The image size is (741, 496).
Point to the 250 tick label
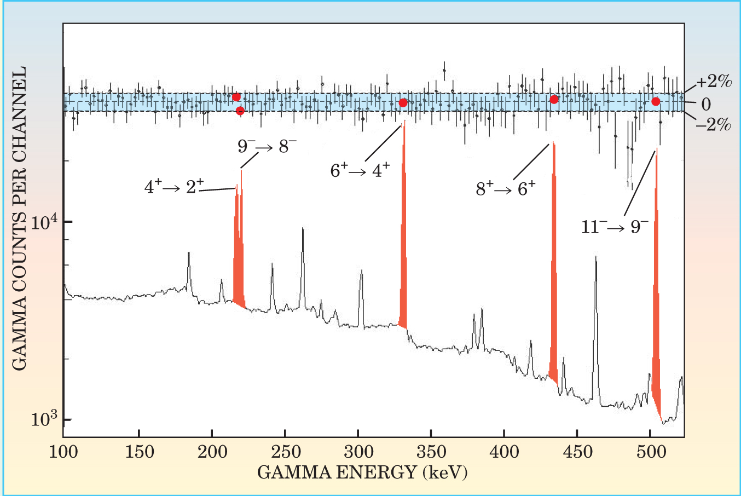coord(285,452)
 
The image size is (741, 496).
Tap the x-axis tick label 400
coord(504,452)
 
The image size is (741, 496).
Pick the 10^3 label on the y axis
coord(45,419)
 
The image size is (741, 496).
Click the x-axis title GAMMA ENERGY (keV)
coord(362,472)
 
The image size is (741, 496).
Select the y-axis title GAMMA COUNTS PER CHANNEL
coord(19,219)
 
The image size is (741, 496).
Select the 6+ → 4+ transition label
coord(360,171)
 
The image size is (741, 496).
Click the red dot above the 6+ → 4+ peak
coord(403,103)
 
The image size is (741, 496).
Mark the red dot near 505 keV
coord(656,101)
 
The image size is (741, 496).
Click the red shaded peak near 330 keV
coord(403,246)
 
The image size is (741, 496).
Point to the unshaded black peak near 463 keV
coord(595,328)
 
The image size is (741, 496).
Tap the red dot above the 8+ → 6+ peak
coord(554,99)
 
